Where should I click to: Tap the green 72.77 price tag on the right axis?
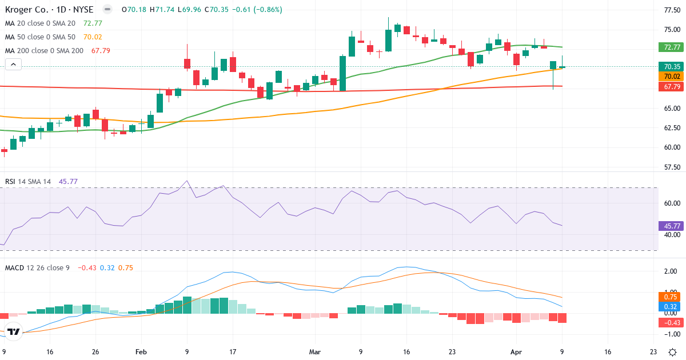tap(669, 47)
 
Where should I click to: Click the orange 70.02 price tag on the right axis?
tap(669, 76)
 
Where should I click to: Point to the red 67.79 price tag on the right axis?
tap(669, 87)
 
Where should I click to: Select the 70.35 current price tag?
tap(669, 66)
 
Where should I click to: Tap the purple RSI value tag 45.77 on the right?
tap(669, 226)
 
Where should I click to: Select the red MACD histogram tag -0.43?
tap(669, 323)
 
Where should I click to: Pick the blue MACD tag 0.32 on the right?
tap(669, 306)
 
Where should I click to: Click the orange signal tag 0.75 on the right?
tap(669, 297)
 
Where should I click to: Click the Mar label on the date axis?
tap(315, 352)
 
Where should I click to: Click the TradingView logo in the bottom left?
tap(14, 331)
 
